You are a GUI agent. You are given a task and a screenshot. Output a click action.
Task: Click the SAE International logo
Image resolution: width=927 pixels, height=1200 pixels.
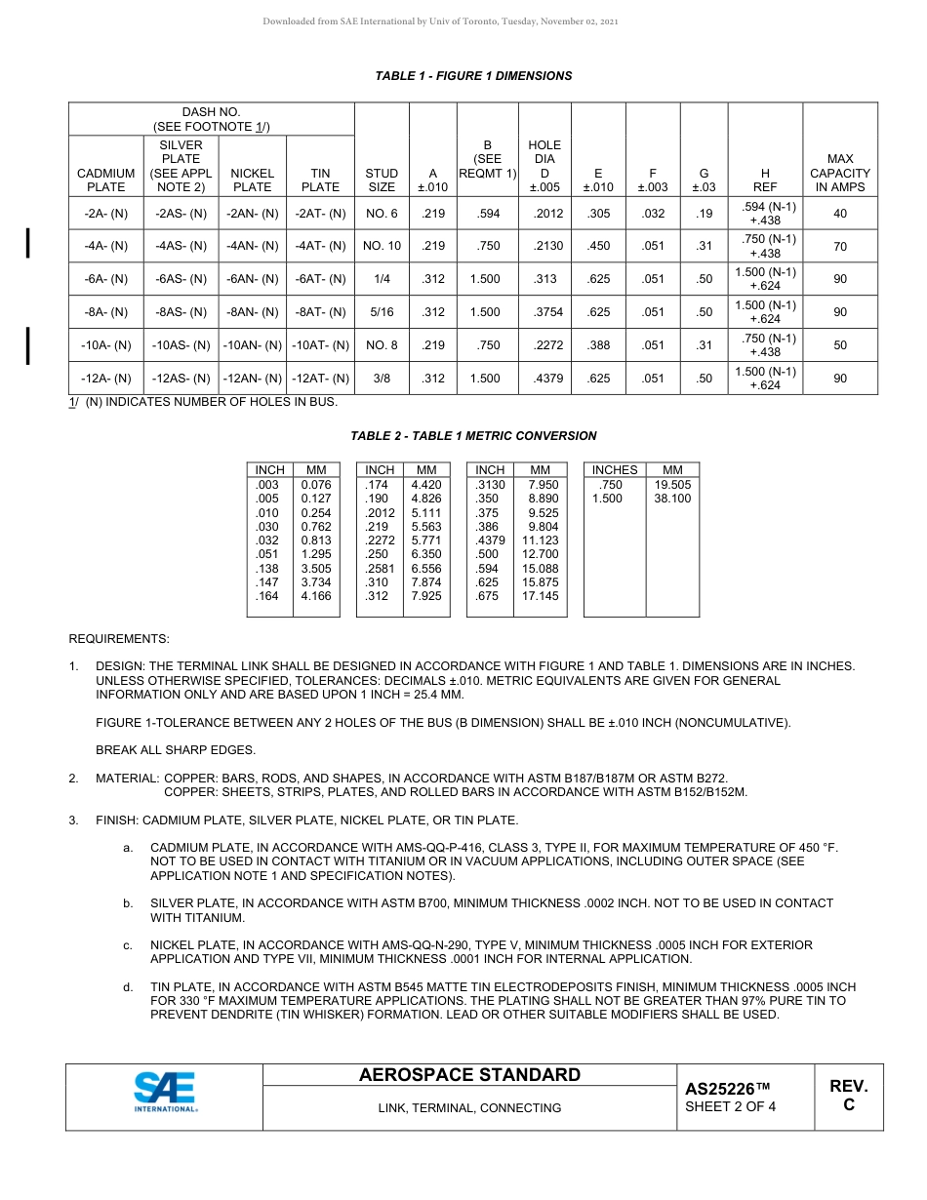pyautogui.click(x=165, y=1093)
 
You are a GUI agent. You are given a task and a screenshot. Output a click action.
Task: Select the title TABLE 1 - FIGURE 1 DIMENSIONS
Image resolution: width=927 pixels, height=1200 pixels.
pyautogui.click(x=473, y=76)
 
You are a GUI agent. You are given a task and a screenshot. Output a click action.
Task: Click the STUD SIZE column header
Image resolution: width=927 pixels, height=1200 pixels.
pyautogui.click(x=381, y=180)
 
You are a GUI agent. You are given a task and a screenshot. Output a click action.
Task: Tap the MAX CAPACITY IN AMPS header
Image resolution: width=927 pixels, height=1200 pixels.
pyautogui.click(x=839, y=173)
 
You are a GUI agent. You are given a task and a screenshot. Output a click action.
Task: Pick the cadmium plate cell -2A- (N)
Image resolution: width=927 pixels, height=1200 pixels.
pyautogui.click(x=106, y=214)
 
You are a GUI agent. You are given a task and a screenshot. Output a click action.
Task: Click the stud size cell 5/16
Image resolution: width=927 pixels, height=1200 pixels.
pyautogui.click(x=381, y=312)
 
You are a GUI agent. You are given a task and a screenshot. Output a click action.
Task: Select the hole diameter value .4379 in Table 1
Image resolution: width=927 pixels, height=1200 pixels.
pyautogui.click(x=545, y=379)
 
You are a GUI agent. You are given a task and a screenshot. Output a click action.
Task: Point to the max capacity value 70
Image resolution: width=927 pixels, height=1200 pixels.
pyautogui.click(x=839, y=247)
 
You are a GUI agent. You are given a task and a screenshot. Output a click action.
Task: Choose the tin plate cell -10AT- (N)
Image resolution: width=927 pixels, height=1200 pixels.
pyautogui.click(x=320, y=345)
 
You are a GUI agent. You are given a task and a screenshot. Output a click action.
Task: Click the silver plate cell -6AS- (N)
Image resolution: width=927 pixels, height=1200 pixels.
pyautogui.click(x=181, y=279)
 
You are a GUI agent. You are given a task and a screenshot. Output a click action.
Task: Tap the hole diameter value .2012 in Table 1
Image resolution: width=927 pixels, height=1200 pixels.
pyautogui.click(x=545, y=214)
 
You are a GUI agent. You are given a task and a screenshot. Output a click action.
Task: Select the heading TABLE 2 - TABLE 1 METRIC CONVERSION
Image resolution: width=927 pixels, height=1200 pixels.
pyautogui.click(x=473, y=436)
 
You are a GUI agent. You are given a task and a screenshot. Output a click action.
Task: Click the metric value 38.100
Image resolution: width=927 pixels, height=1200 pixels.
pyautogui.click(x=672, y=499)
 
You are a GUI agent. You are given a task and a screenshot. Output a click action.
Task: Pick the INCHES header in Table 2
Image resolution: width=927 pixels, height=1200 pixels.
pyautogui.click(x=614, y=470)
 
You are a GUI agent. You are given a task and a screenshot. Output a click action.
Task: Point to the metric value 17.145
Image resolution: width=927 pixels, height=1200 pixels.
pyautogui.click(x=540, y=596)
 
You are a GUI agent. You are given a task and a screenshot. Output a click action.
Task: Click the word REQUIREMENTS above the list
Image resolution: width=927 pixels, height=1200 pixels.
pyautogui.click(x=118, y=639)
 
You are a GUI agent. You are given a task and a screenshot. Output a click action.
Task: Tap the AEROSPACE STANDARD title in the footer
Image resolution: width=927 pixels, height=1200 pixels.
pyautogui.click(x=469, y=1075)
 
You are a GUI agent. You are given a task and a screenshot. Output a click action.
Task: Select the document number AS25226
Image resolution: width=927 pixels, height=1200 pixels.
pyautogui.click(x=728, y=1089)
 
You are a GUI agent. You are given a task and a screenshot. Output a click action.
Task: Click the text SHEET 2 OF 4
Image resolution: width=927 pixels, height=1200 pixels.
pyautogui.click(x=730, y=1106)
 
